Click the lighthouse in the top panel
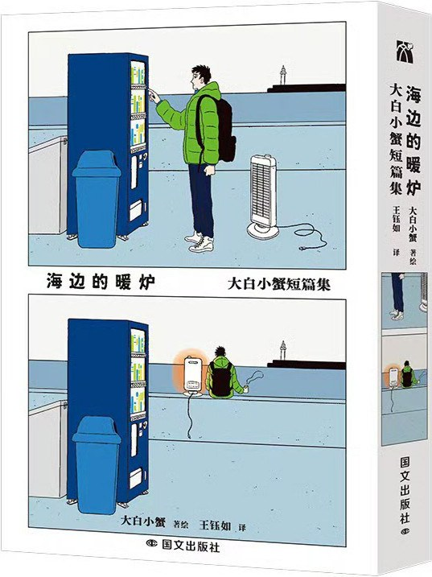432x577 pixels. pyautogui.click(x=282, y=76)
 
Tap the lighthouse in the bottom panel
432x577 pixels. pyautogui.click(x=282, y=350)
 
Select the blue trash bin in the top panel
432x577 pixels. pyautogui.click(x=97, y=199)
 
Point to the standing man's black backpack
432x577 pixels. pyautogui.click(x=219, y=128)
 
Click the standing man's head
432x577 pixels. pyautogui.click(x=200, y=76)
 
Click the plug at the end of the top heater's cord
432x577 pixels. pyautogui.click(x=304, y=248)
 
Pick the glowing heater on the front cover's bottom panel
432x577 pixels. pyautogui.click(x=193, y=376)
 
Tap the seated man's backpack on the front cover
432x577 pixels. pyautogui.click(x=221, y=379)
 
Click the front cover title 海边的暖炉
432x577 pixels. pyautogui.click(x=101, y=282)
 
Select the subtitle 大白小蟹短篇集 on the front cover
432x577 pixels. pyautogui.click(x=279, y=284)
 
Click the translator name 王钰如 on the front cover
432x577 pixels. pyautogui.click(x=215, y=525)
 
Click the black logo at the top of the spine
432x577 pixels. pyautogui.click(x=405, y=52)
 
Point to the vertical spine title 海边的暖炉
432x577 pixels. pyautogui.click(x=413, y=139)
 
